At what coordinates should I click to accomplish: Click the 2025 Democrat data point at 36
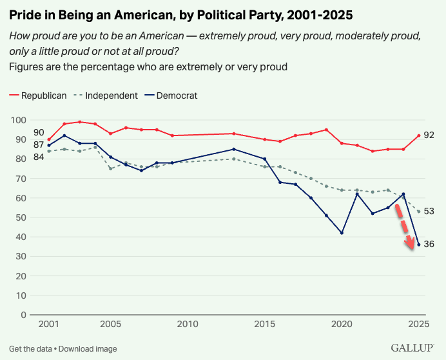coord(419,245)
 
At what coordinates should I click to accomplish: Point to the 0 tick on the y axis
coord(23,315)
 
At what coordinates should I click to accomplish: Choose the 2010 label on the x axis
coord(188,323)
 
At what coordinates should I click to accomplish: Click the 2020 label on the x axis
coord(342,323)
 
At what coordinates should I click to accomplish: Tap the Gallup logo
coord(414,348)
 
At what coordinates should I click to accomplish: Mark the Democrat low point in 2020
coord(342,233)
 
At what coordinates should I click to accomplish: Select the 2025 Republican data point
coord(419,135)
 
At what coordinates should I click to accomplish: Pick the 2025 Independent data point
coord(419,212)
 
